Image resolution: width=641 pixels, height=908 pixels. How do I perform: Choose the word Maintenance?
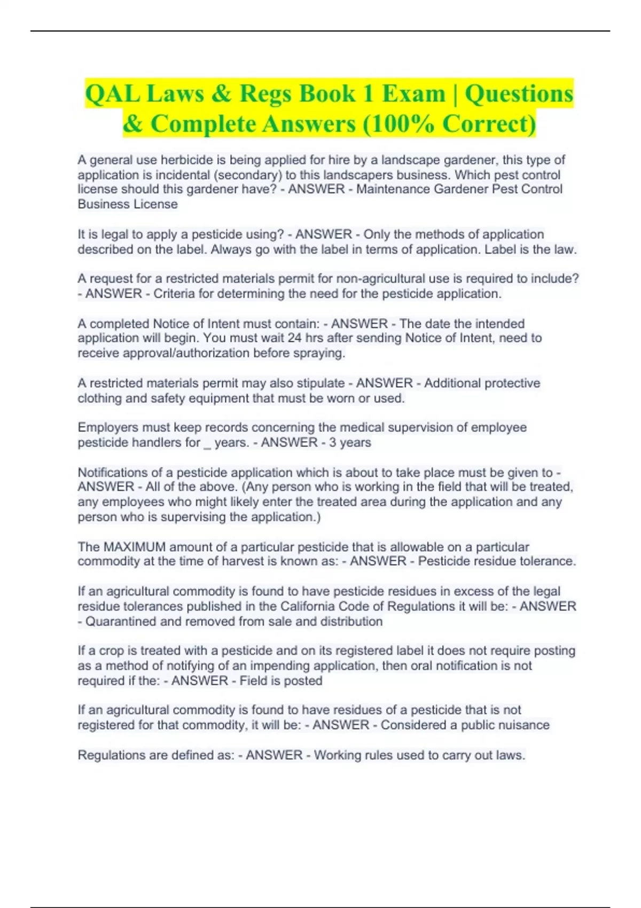pos(393,190)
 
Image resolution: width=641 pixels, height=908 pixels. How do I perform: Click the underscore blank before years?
pos(207,443)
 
